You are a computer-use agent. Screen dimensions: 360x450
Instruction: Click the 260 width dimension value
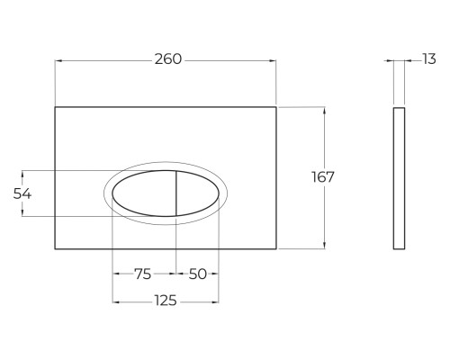click(168, 59)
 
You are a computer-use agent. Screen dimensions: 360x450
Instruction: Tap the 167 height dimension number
click(322, 177)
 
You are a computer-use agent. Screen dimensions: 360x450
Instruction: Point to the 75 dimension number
click(143, 274)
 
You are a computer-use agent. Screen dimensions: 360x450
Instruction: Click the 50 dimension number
click(198, 274)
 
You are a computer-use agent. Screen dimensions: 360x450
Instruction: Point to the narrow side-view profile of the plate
click(400, 177)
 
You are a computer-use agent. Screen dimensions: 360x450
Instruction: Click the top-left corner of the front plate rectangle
click(56, 107)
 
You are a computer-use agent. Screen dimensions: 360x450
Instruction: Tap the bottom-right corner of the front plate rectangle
click(277, 249)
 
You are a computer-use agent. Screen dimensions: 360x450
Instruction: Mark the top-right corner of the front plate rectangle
click(277, 107)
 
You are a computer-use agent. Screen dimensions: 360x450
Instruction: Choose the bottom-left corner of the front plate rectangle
click(56, 249)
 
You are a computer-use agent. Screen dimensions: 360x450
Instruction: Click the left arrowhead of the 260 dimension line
click(58, 60)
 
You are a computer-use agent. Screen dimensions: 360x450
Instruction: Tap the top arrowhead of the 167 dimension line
click(322, 110)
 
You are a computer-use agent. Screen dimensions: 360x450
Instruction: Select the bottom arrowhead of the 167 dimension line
click(322, 247)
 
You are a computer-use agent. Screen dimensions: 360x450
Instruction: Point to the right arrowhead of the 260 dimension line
click(274, 60)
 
